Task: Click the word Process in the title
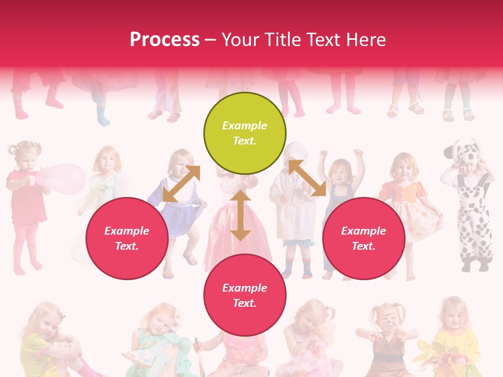click(165, 40)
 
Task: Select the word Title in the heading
click(283, 40)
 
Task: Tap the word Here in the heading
click(365, 40)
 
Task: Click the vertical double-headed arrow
click(240, 215)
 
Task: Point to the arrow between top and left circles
click(181, 184)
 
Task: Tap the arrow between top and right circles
click(307, 178)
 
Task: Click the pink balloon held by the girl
click(63, 179)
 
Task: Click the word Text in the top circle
click(245, 141)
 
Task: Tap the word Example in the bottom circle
click(245, 288)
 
